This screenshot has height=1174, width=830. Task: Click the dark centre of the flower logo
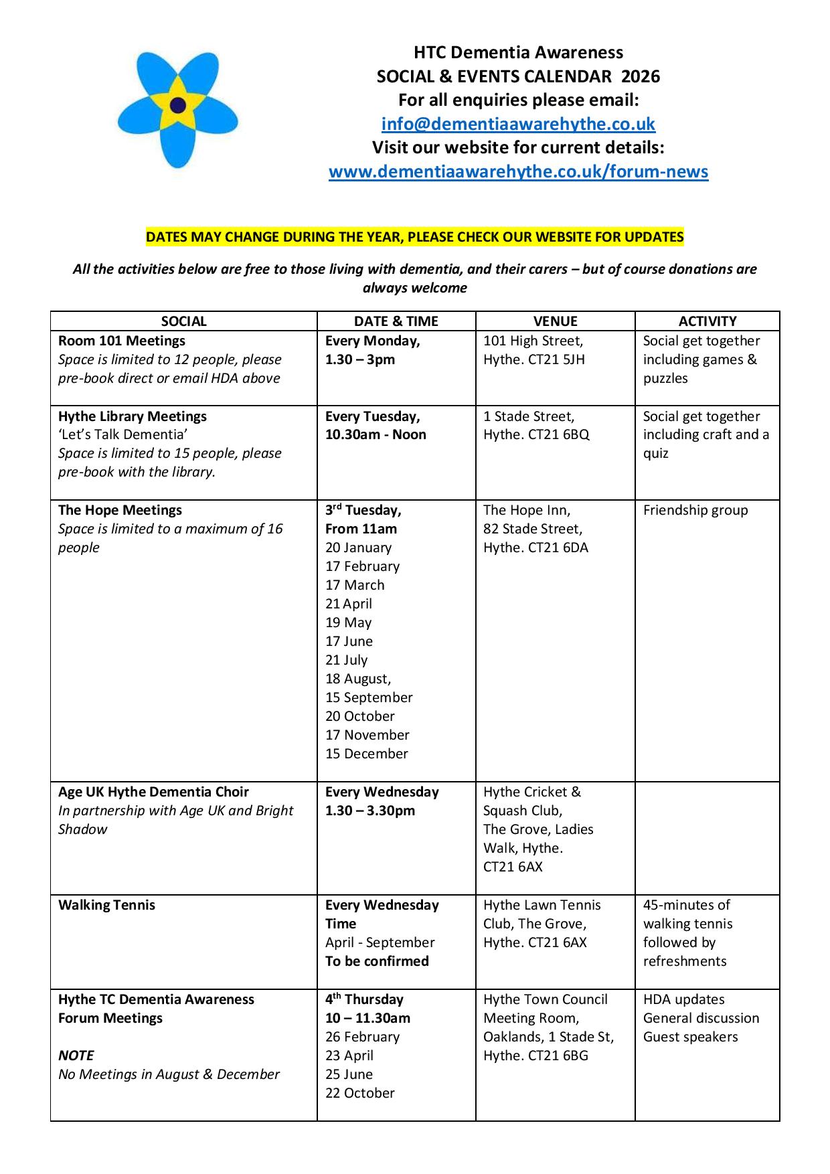(178, 104)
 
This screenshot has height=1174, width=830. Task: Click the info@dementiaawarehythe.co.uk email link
(518, 124)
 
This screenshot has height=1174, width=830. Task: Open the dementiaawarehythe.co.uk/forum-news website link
(518, 172)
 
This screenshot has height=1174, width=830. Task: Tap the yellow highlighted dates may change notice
(415, 237)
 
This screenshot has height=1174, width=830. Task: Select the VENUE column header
(555, 321)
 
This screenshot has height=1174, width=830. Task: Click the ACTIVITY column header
(707, 321)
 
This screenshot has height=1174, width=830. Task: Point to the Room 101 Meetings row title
(122, 341)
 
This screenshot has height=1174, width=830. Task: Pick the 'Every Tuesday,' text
(373, 416)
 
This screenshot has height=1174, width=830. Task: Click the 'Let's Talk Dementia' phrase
(122, 434)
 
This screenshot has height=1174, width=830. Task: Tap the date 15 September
(369, 697)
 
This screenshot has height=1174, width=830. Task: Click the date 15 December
(367, 754)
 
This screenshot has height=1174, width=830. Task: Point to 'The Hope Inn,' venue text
(527, 510)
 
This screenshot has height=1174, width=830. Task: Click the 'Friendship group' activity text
(695, 510)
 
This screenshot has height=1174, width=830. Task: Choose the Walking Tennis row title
(106, 905)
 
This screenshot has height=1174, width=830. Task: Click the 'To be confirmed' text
(377, 961)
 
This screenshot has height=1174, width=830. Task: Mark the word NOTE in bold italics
(76, 1056)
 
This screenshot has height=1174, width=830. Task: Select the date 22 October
(360, 1093)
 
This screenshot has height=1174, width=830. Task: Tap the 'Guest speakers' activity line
(690, 1037)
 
